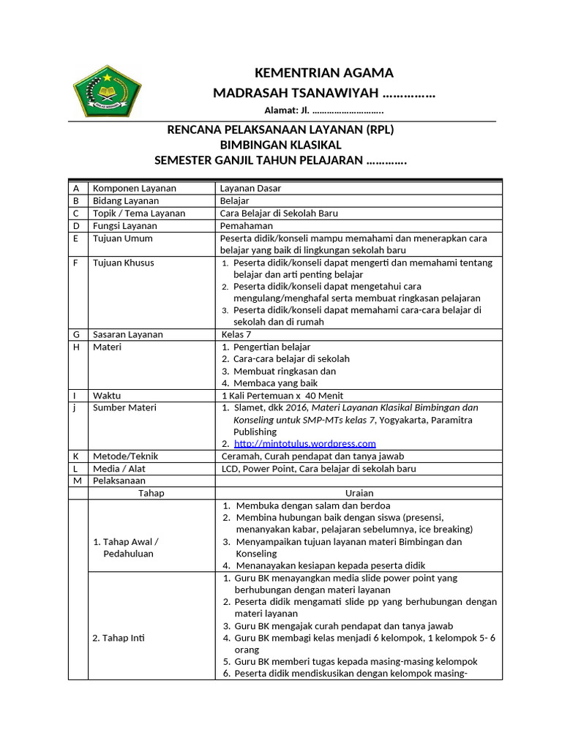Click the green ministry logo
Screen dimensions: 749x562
(x=108, y=91)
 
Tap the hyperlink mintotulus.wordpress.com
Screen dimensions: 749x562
(x=304, y=443)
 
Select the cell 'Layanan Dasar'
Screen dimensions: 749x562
(x=250, y=188)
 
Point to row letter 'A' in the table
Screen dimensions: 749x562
(x=76, y=188)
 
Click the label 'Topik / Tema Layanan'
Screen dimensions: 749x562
(x=138, y=213)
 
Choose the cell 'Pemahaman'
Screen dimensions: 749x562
(x=247, y=225)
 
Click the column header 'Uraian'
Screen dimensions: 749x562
(x=358, y=493)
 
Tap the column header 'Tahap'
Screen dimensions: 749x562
(x=151, y=493)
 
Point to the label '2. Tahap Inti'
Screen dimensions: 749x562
(x=119, y=638)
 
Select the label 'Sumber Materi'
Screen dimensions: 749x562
(x=124, y=407)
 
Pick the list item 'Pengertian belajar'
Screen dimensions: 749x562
(x=271, y=347)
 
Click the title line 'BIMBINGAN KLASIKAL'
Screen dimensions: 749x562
(x=281, y=145)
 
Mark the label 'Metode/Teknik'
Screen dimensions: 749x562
(x=125, y=456)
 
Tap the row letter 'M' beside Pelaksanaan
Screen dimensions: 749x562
(x=76, y=481)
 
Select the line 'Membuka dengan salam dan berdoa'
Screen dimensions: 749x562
(x=312, y=505)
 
